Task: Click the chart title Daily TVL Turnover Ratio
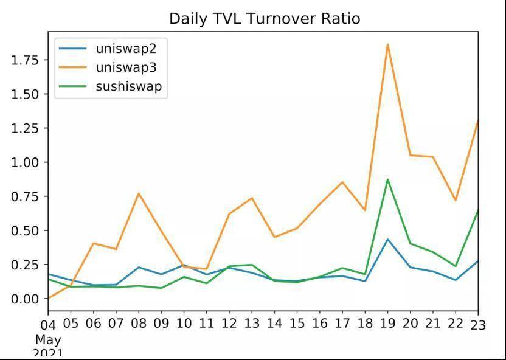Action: tap(265, 19)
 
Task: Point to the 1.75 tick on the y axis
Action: tap(26, 60)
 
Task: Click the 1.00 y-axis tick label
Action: tap(26, 162)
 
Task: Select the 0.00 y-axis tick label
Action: tap(26, 299)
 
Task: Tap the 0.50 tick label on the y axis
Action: tap(26, 230)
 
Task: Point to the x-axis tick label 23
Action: tap(479, 325)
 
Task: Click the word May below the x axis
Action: tap(48, 339)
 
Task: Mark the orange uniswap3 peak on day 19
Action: tap(387, 44)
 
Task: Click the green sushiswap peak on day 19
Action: tap(387, 179)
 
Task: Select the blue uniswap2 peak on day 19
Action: tap(387, 239)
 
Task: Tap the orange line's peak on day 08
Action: tap(139, 193)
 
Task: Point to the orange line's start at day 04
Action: tap(49, 298)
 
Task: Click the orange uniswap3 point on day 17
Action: tap(342, 182)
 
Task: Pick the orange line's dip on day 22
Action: tap(456, 200)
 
